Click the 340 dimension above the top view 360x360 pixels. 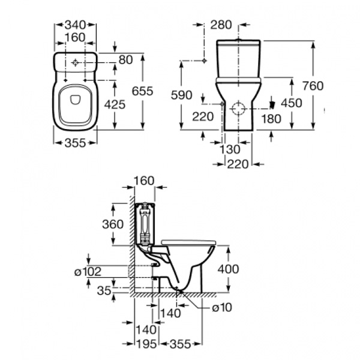(x=76, y=25)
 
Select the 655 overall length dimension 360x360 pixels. (x=142, y=91)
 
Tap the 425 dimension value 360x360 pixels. (x=115, y=104)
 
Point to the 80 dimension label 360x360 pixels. (x=126, y=60)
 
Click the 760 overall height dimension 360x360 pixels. (x=313, y=86)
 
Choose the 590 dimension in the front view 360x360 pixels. (x=181, y=95)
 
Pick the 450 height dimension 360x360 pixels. (x=292, y=103)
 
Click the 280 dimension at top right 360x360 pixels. (x=221, y=25)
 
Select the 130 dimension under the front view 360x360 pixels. (x=230, y=149)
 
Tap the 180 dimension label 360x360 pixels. (x=271, y=119)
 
